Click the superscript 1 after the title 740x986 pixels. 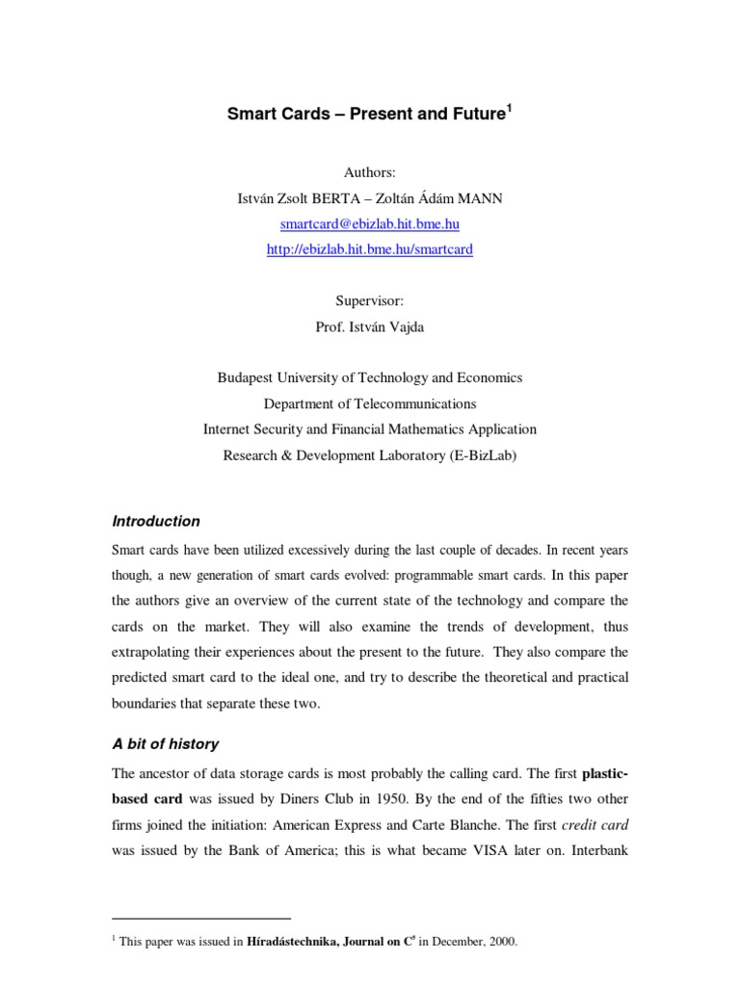(x=510, y=108)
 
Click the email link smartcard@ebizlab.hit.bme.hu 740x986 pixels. (x=370, y=224)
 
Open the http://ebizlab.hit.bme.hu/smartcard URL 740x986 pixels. (x=370, y=249)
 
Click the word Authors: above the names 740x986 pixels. (x=370, y=172)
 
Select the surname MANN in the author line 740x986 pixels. (x=482, y=198)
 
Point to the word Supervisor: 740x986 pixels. (x=370, y=301)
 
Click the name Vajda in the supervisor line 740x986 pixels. (x=407, y=326)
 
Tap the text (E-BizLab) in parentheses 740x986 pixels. (x=483, y=455)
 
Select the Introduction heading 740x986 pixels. (x=156, y=521)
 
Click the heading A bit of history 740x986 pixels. (x=166, y=743)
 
